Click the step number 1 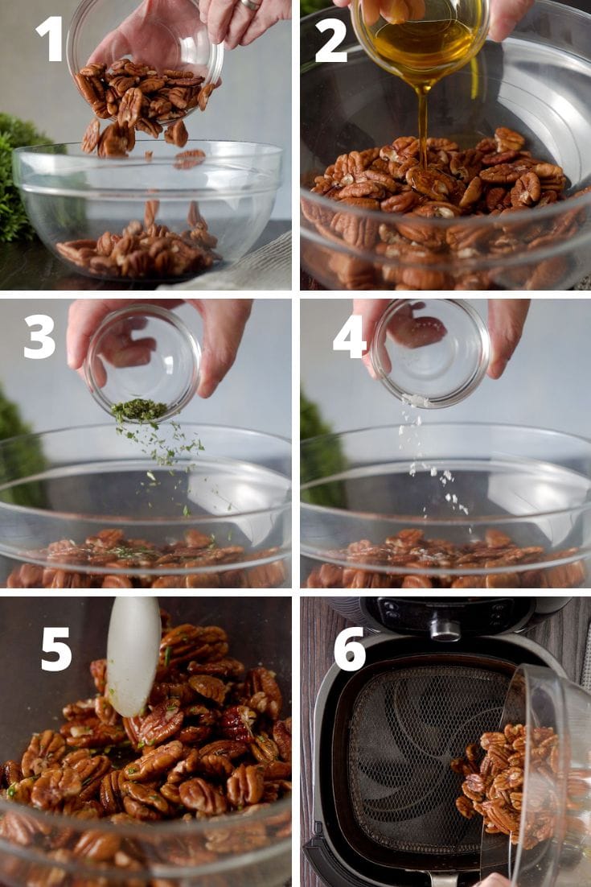(x=49, y=38)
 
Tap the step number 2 (x=330, y=40)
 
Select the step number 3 (x=39, y=336)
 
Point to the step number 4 (x=349, y=336)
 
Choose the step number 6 (x=350, y=648)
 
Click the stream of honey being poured (x=423, y=121)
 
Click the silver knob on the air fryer (x=445, y=629)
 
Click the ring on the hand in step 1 (x=251, y=4)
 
